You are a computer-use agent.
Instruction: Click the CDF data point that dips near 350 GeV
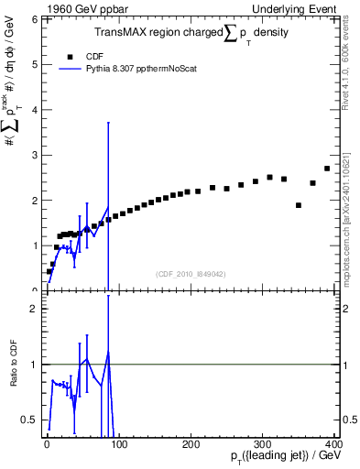(299, 205)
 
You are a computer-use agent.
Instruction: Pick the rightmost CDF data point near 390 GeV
(327, 169)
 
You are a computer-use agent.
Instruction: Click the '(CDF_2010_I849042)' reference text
(191, 273)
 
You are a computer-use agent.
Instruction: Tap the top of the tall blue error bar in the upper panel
(109, 122)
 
